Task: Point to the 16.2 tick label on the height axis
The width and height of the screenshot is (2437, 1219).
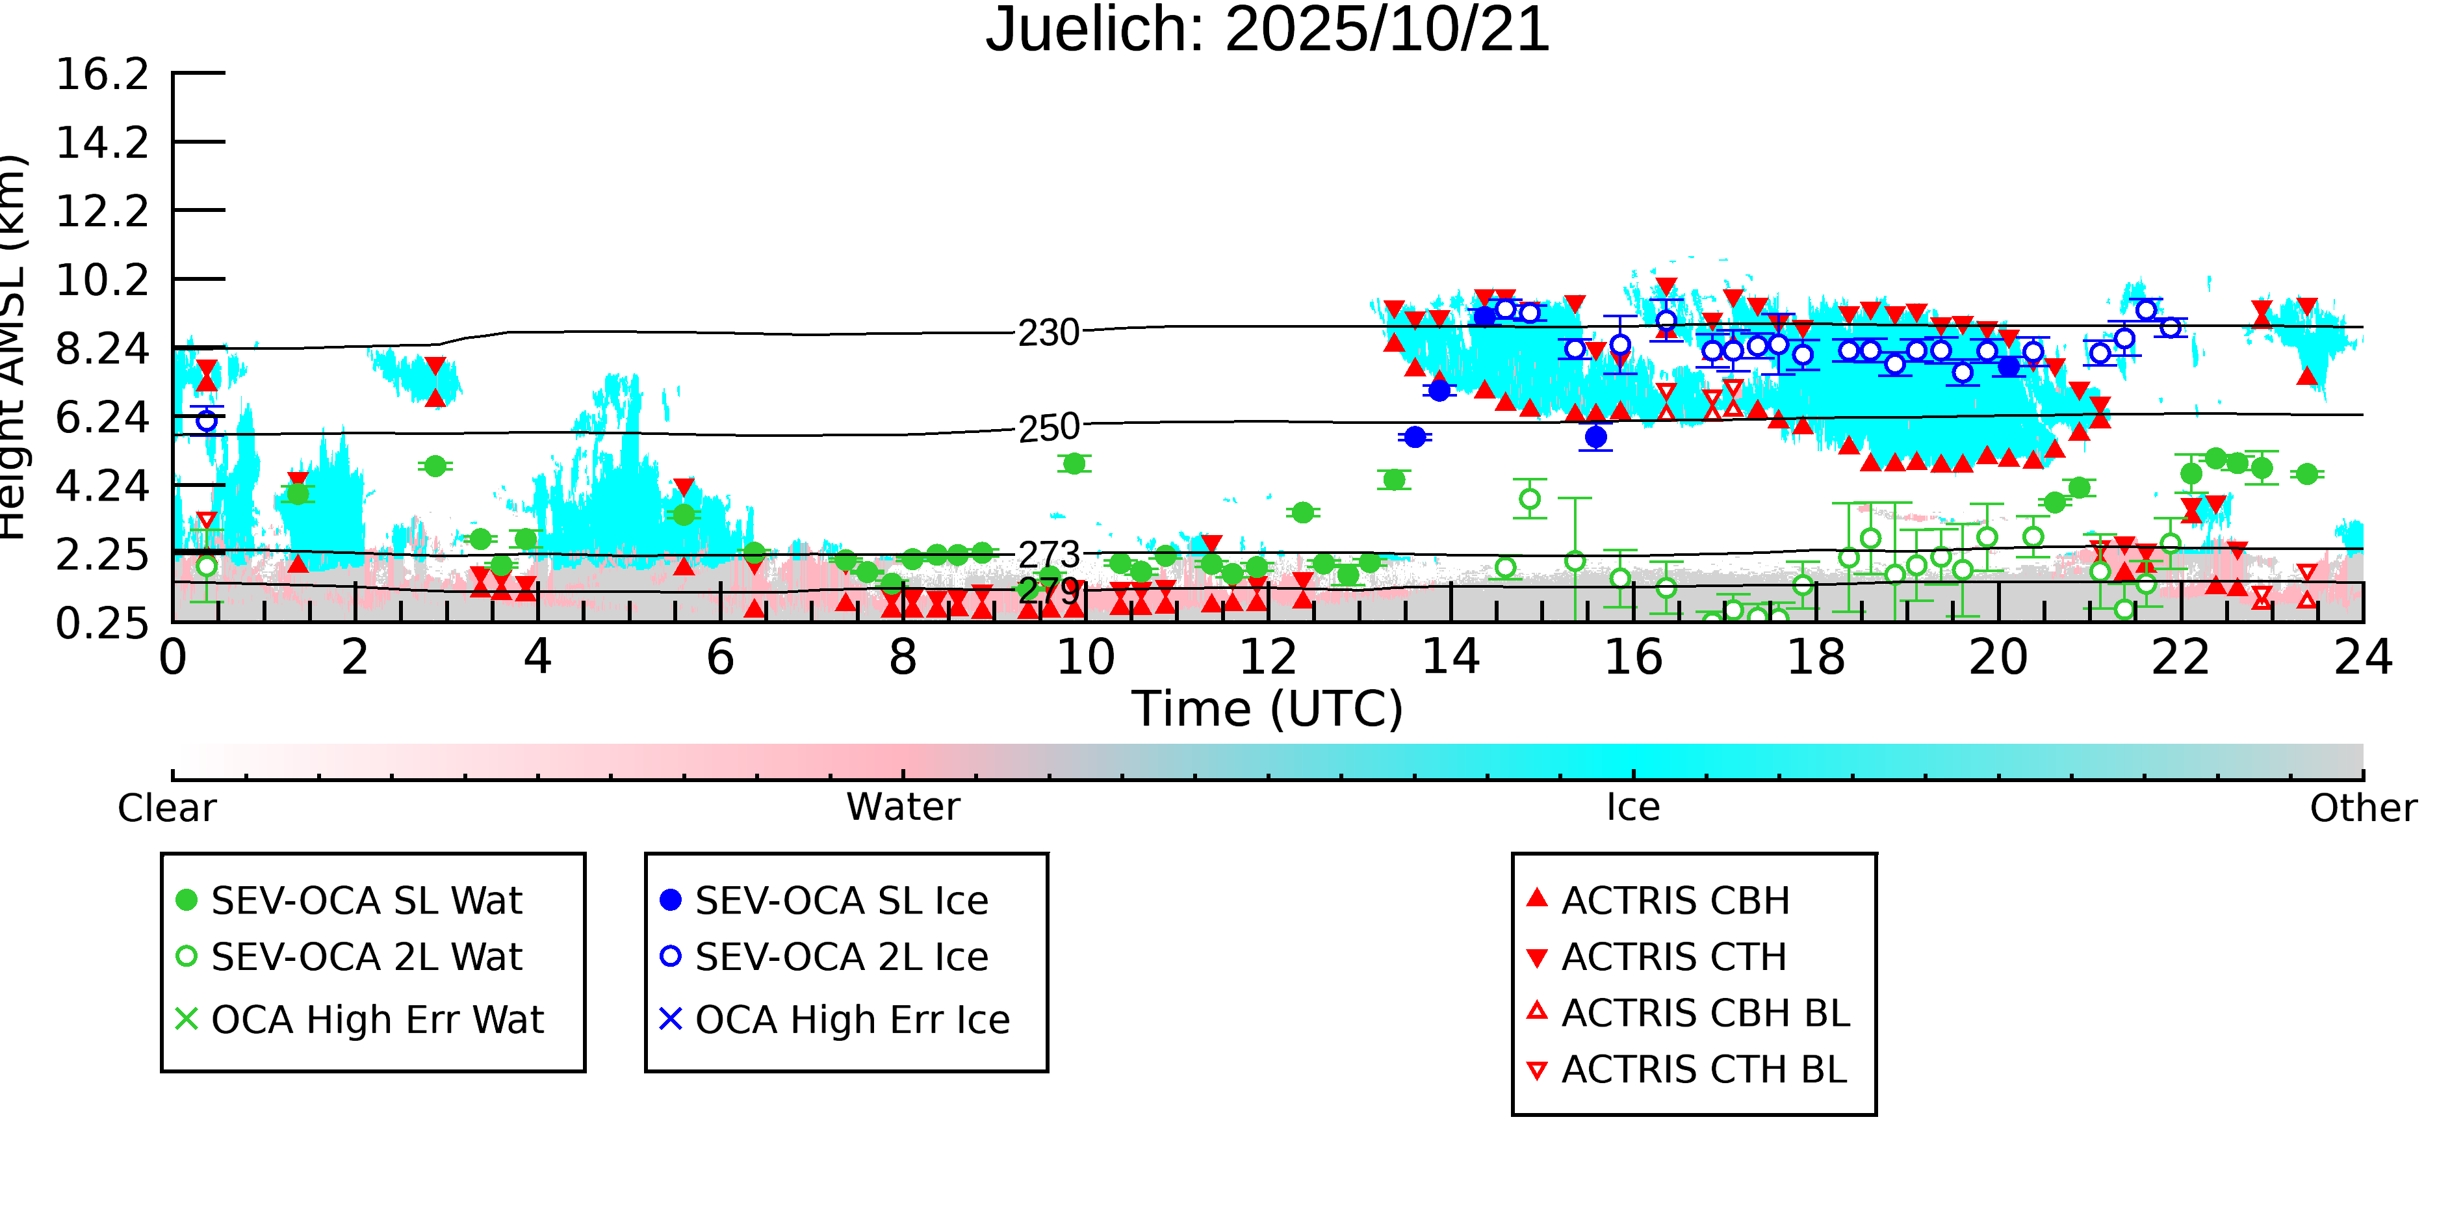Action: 102,74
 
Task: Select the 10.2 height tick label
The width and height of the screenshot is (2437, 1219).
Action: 102,280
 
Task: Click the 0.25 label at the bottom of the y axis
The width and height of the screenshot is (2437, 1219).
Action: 102,623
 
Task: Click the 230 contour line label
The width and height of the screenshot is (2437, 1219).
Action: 1048,333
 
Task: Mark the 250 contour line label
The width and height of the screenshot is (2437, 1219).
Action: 1048,428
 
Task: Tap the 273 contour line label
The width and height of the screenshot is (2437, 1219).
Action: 1048,555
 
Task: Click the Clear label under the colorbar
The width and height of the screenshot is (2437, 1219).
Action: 166,808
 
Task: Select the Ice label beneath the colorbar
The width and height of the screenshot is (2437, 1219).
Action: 1633,807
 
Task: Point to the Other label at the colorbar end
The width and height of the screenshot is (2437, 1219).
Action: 2362,808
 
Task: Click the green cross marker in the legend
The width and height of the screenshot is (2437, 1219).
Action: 187,1019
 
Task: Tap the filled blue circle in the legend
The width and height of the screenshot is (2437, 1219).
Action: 670,900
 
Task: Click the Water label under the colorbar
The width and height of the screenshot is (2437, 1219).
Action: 903,807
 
